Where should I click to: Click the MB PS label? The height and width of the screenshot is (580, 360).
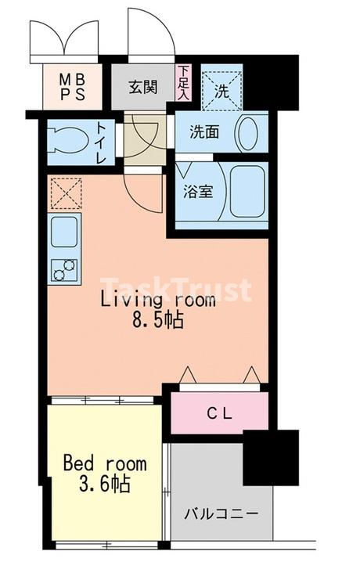(x=73, y=87)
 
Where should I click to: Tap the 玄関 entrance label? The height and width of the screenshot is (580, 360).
(x=142, y=88)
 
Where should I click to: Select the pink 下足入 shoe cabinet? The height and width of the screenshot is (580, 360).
(x=183, y=82)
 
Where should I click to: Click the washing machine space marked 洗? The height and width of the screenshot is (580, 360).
(x=222, y=88)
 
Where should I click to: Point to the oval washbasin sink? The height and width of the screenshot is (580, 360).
(x=247, y=133)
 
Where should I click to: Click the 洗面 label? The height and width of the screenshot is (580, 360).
(x=204, y=132)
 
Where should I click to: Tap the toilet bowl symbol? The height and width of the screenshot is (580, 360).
(x=69, y=141)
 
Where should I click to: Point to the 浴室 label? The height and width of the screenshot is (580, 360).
(x=198, y=191)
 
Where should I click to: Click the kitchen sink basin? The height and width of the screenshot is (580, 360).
(x=64, y=232)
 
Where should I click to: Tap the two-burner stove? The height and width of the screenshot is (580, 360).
(x=64, y=270)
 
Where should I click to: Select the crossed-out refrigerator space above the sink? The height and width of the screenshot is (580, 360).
(x=66, y=193)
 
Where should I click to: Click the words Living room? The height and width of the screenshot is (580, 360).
(x=158, y=300)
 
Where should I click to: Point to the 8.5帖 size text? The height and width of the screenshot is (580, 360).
(x=158, y=320)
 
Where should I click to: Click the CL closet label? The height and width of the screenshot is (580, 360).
(x=219, y=413)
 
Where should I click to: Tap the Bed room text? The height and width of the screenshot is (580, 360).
(x=105, y=463)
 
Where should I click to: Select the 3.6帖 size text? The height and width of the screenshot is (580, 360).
(x=105, y=484)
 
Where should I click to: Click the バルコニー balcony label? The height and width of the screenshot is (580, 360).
(x=221, y=513)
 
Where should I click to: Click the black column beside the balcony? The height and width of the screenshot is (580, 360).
(x=271, y=458)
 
